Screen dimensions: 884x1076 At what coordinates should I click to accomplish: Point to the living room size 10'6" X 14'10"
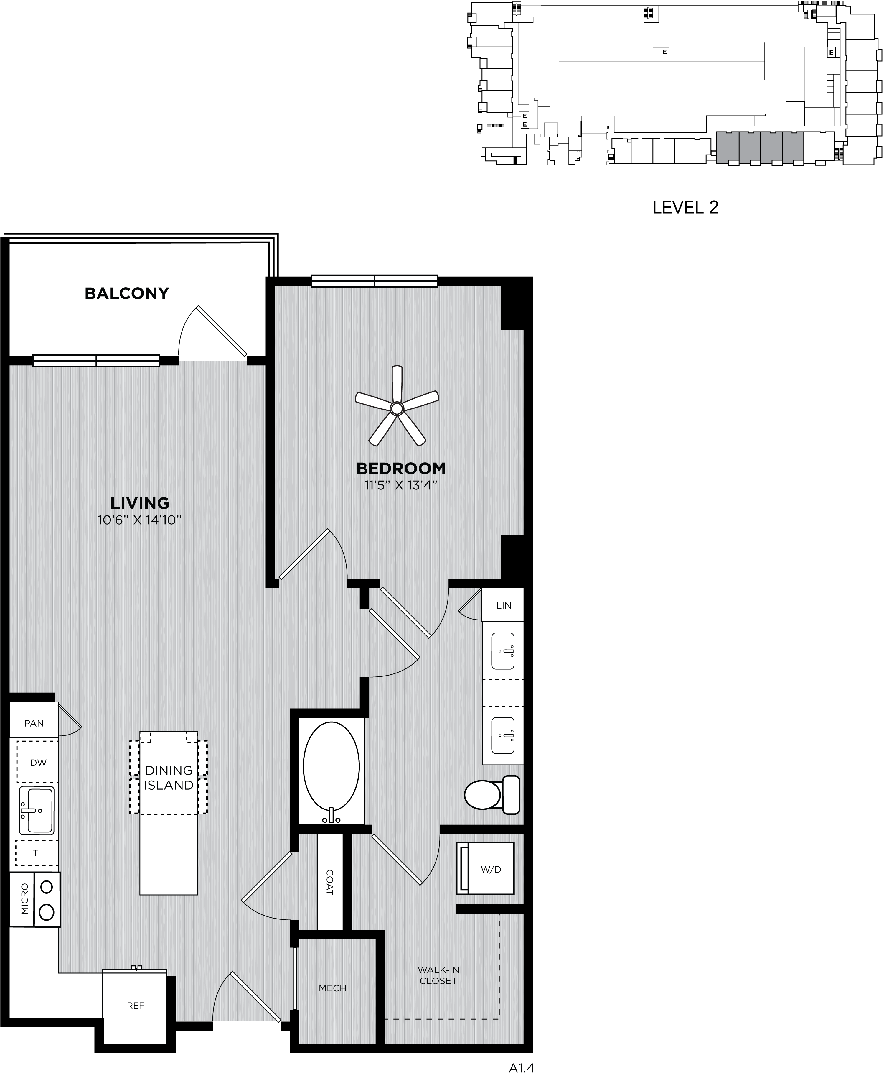[x=140, y=520]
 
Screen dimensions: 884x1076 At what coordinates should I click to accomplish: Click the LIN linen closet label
[x=504, y=606]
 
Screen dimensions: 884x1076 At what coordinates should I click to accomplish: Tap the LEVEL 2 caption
[x=685, y=207]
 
